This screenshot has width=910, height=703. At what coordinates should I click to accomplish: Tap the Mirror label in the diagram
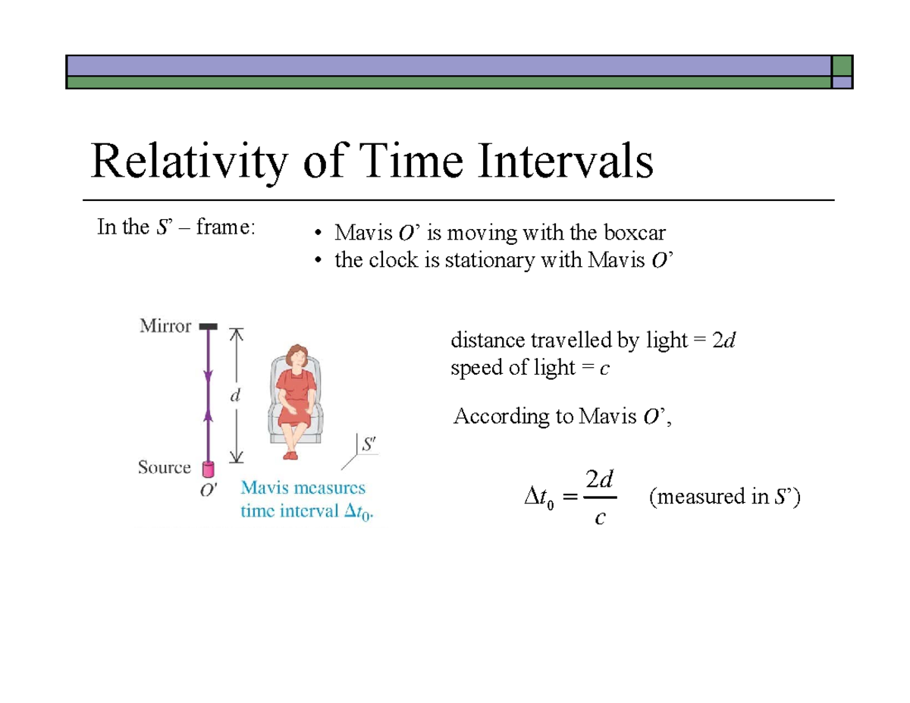pyautogui.click(x=165, y=326)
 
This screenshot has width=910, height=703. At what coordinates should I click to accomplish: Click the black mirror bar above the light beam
pyautogui.click(x=208, y=326)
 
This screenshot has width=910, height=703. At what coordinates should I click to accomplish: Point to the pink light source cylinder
pyautogui.click(x=208, y=472)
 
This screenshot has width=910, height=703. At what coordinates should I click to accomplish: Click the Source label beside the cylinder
pyautogui.click(x=164, y=467)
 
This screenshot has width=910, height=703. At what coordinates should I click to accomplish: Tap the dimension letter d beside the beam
pyautogui.click(x=237, y=395)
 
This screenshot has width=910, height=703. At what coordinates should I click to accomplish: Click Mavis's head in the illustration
pyautogui.click(x=294, y=356)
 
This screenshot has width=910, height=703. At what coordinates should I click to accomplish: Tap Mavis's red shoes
pyautogui.click(x=290, y=454)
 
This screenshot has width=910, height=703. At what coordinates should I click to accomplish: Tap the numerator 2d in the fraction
pyautogui.click(x=600, y=480)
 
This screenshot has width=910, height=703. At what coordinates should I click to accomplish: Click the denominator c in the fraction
pyautogui.click(x=600, y=519)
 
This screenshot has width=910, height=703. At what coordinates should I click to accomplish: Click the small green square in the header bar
pyautogui.click(x=842, y=65)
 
